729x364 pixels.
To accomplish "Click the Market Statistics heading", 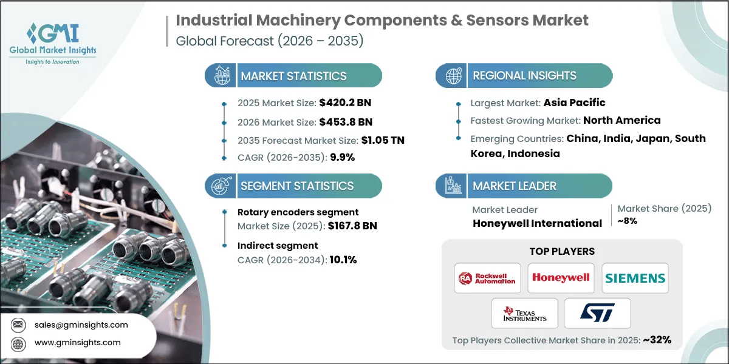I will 293,76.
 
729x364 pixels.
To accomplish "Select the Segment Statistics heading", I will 297,186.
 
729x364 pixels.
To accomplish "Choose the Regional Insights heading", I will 524,76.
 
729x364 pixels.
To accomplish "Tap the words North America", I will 621,120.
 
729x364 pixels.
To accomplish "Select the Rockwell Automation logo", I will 487,278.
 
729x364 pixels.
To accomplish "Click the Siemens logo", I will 635,278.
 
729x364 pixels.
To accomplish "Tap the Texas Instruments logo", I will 524,313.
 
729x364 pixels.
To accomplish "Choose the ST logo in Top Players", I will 597,313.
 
